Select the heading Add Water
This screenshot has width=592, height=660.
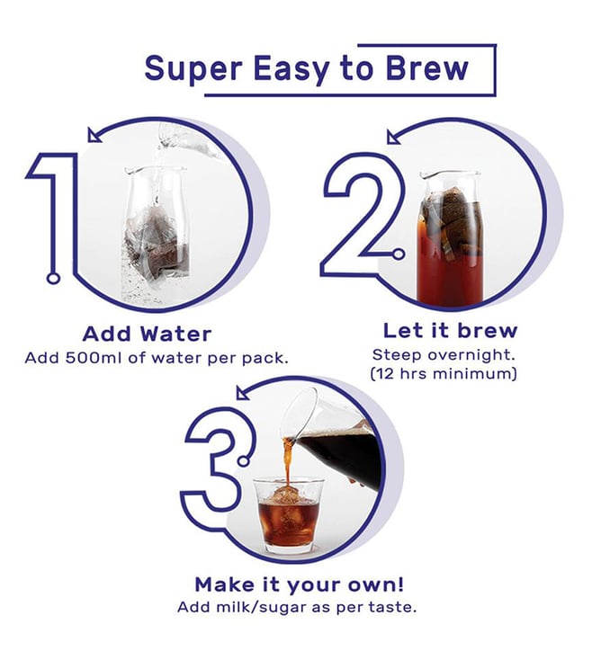pos(147,334)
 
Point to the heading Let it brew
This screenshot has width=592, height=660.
pos(450,331)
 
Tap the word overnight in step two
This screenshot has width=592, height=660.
pos(471,356)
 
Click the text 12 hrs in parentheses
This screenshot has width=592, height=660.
pos(399,374)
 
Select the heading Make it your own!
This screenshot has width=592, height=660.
pos(300,584)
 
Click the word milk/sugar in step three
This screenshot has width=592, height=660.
pos(263,607)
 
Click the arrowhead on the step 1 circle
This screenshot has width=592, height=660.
pos(94,135)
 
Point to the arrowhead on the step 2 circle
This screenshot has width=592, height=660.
pos(394,138)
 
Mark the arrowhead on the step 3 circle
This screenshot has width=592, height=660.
pos(243,392)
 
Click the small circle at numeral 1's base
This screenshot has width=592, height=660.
pos(53,278)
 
